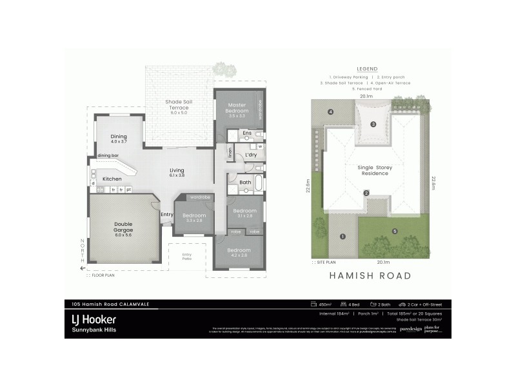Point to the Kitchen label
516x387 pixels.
pyautogui.click(x=112, y=179)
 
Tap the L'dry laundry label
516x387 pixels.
pyautogui.click(x=251, y=155)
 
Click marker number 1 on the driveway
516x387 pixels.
pyautogui.click(x=342, y=236)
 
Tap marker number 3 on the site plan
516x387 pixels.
pyautogui.click(x=373, y=124)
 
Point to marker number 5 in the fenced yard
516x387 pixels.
pyautogui.click(x=395, y=231)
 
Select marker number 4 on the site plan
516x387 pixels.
pyautogui.click(x=330, y=112)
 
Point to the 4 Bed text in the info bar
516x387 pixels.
pyautogui.click(x=352, y=304)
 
